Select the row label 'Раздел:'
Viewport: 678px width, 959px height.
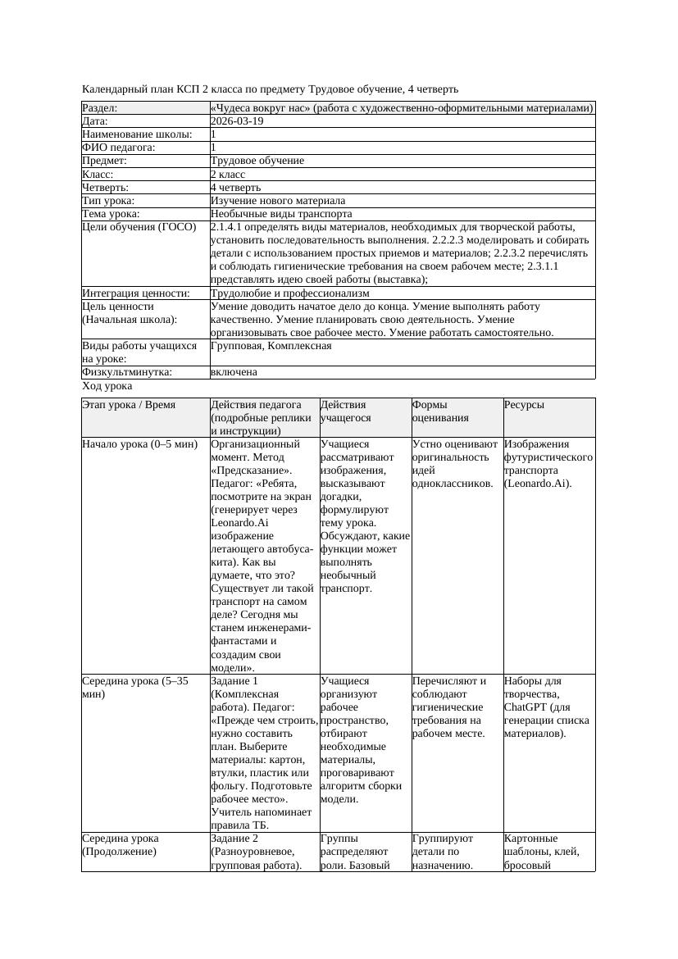(x=100, y=108)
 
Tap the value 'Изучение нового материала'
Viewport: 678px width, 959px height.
(x=278, y=201)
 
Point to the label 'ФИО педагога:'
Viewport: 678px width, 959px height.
(x=119, y=148)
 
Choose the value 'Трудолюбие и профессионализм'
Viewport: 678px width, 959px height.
(x=289, y=293)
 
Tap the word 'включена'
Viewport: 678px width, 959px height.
(x=234, y=372)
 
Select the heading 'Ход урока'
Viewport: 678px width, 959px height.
(x=107, y=386)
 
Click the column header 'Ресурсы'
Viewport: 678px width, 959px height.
(x=524, y=405)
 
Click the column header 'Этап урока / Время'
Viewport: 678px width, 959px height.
(x=134, y=405)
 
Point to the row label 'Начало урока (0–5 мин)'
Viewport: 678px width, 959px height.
(x=139, y=444)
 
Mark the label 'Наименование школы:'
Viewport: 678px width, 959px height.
(x=137, y=134)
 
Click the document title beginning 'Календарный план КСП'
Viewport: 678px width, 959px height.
(x=271, y=89)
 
